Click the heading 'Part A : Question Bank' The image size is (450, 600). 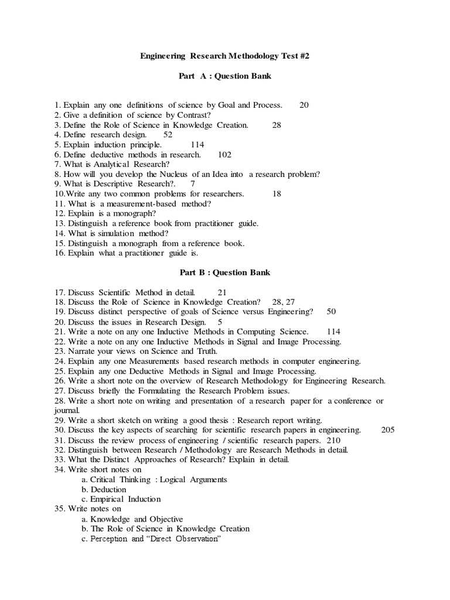pyautogui.click(x=224, y=76)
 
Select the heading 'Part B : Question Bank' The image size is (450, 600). pyautogui.click(x=224, y=272)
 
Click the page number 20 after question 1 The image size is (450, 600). pyautogui.click(x=304, y=105)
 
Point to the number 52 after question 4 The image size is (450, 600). pyautogui.click(x=168, y=134)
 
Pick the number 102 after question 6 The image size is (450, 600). pyautogui.click(x=224, y=154)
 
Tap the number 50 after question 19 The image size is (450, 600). pyautogui.click(x=331, y=312)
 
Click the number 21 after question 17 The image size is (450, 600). pyautogui.click(x=222, y=292)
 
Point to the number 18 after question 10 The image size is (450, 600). pyautogui.click(x=277, y=193)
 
